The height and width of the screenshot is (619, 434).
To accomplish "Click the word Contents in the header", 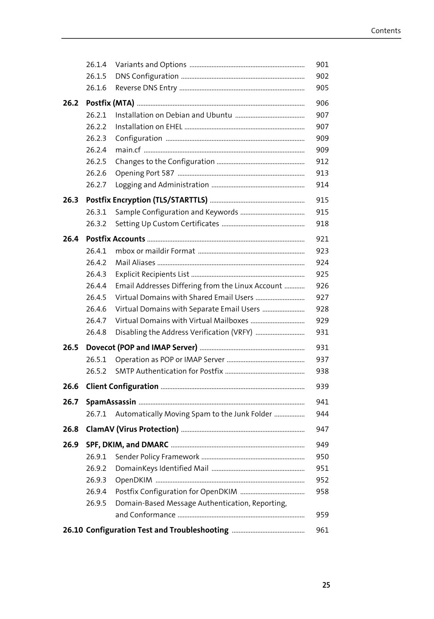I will click(385, 31).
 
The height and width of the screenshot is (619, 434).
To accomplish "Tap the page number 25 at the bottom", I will click(326, 585).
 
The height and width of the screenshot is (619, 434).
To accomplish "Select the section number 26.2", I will click(71, 103).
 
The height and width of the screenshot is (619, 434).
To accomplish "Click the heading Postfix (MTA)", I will click(110, 103).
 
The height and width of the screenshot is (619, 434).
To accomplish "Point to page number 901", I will click(322, 65).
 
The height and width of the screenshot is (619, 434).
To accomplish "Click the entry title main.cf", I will click(128, 150).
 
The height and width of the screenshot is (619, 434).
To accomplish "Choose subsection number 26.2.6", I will click(96, 173).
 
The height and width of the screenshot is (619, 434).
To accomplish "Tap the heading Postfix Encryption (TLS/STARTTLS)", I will click(146, 200).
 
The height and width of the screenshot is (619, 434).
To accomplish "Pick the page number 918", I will click(322, 224).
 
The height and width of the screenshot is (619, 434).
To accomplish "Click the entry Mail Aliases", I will click(135, 263).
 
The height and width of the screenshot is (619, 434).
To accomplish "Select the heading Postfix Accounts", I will click(115, 239).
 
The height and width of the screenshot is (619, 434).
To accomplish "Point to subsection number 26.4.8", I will click(96, 332).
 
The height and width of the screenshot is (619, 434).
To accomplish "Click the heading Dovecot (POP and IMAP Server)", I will click(142, 348).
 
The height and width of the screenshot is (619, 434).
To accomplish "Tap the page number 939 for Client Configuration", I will click(322, 386).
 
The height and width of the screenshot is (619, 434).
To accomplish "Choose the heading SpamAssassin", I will click(111, 402).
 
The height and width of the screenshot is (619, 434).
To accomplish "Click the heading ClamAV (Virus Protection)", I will click(132, 429).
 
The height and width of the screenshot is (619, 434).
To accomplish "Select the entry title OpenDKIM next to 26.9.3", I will click(133, 480).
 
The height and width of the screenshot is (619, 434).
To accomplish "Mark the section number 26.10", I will click(72, 530).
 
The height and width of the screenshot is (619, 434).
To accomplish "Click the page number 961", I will click(322, 530).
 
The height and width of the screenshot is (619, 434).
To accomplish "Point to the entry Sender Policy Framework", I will click(157, 457).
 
